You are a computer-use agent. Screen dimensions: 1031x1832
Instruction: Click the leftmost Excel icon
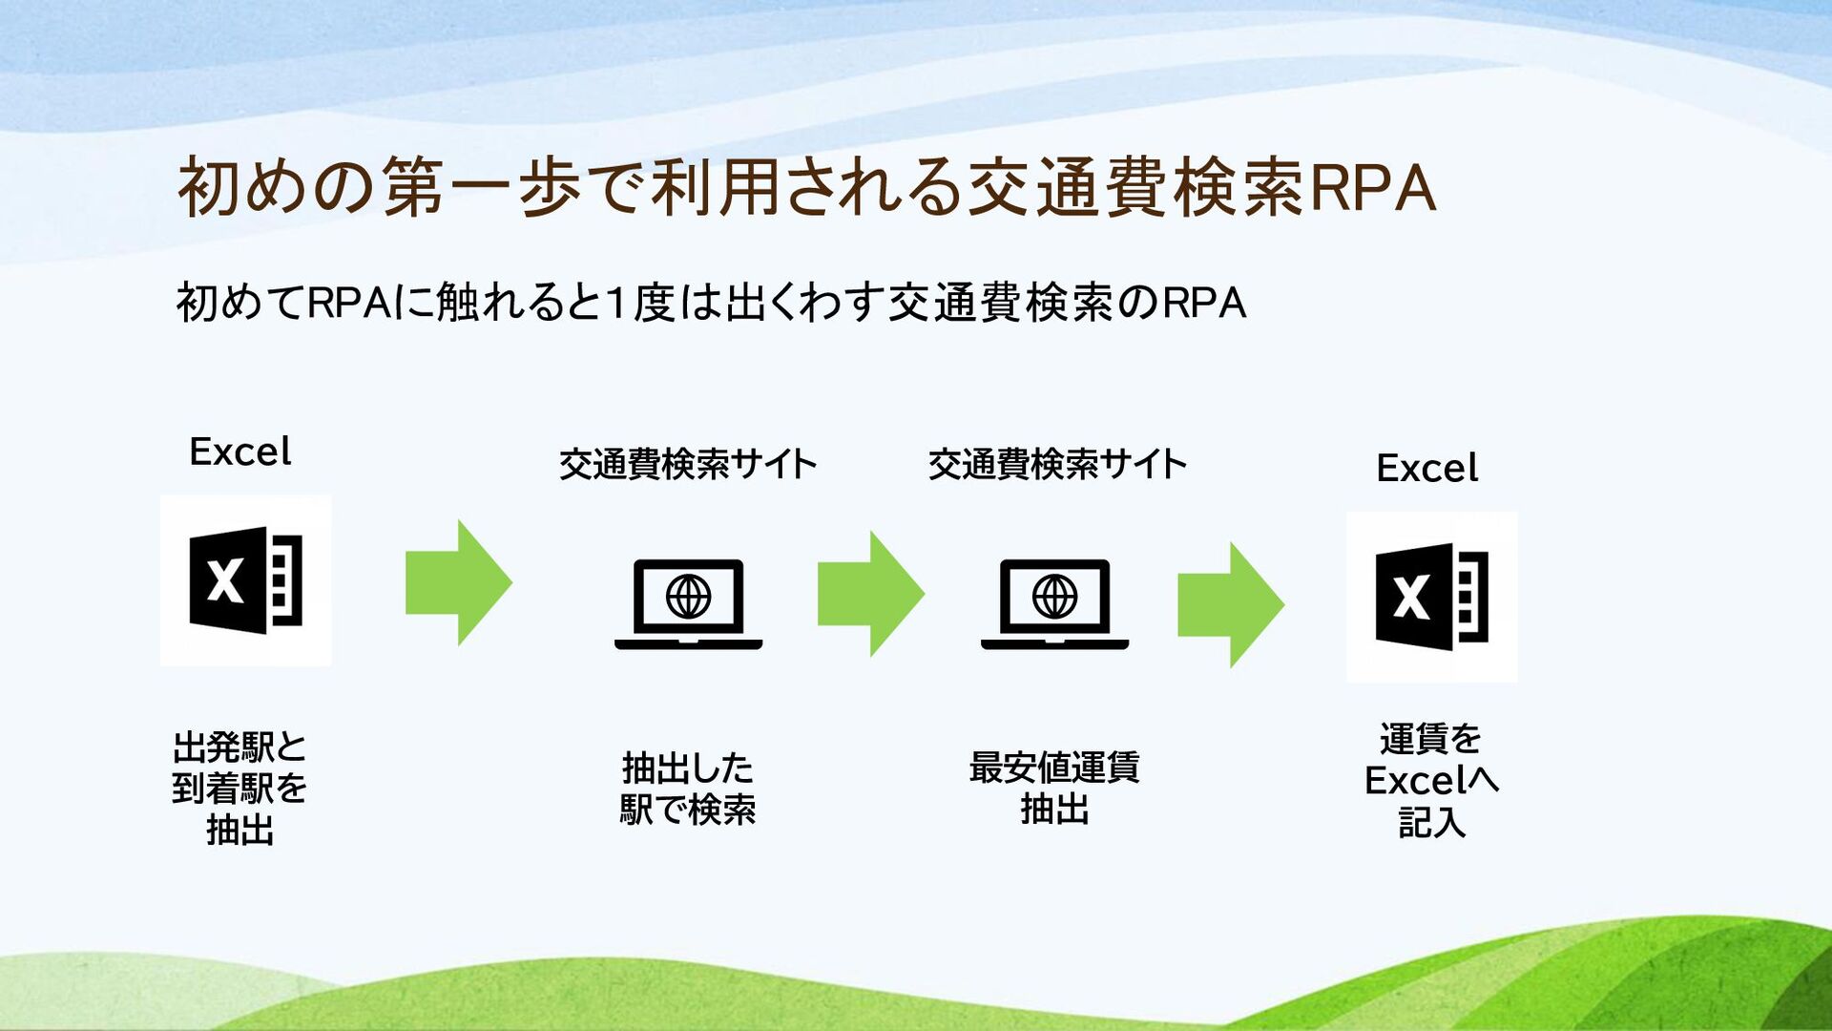tap(245, 579)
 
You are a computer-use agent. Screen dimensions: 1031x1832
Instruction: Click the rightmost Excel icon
tap(1431, 597)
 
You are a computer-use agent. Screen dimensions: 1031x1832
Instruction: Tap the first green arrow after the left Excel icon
tap(458, 582)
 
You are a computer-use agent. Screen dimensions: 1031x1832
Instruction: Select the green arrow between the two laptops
tap(870, 594)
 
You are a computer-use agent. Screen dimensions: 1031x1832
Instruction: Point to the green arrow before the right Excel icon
tap(1230, 604)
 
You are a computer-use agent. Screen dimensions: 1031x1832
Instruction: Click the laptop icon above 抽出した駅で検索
tap(688, 603)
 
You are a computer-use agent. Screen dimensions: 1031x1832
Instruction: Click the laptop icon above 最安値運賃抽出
tap(1054, 603)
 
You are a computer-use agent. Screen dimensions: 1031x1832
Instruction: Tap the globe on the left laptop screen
tap(688, 597)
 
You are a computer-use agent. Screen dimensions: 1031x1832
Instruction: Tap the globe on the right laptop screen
tap(1054, 597)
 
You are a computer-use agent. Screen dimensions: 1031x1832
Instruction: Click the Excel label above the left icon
tap(239, 452)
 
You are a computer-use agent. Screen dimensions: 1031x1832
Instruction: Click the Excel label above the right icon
tap(1426, 468)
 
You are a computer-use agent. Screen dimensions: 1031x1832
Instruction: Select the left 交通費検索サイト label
tap(687, 464)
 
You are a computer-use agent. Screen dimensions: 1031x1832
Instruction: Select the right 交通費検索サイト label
tap(1056, 464)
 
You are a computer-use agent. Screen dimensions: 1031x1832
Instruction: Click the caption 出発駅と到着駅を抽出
tap(239, 788)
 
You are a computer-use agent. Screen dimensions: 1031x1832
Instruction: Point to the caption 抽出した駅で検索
tap(687, 789)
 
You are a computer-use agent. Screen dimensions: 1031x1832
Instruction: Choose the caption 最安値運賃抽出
tap(1054, 789)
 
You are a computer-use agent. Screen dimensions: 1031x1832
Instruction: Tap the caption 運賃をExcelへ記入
tap(1430, 780)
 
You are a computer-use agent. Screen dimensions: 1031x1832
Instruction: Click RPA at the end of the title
tap(1373, 187)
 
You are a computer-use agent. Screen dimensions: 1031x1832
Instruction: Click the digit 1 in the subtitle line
tap(616, 304)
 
